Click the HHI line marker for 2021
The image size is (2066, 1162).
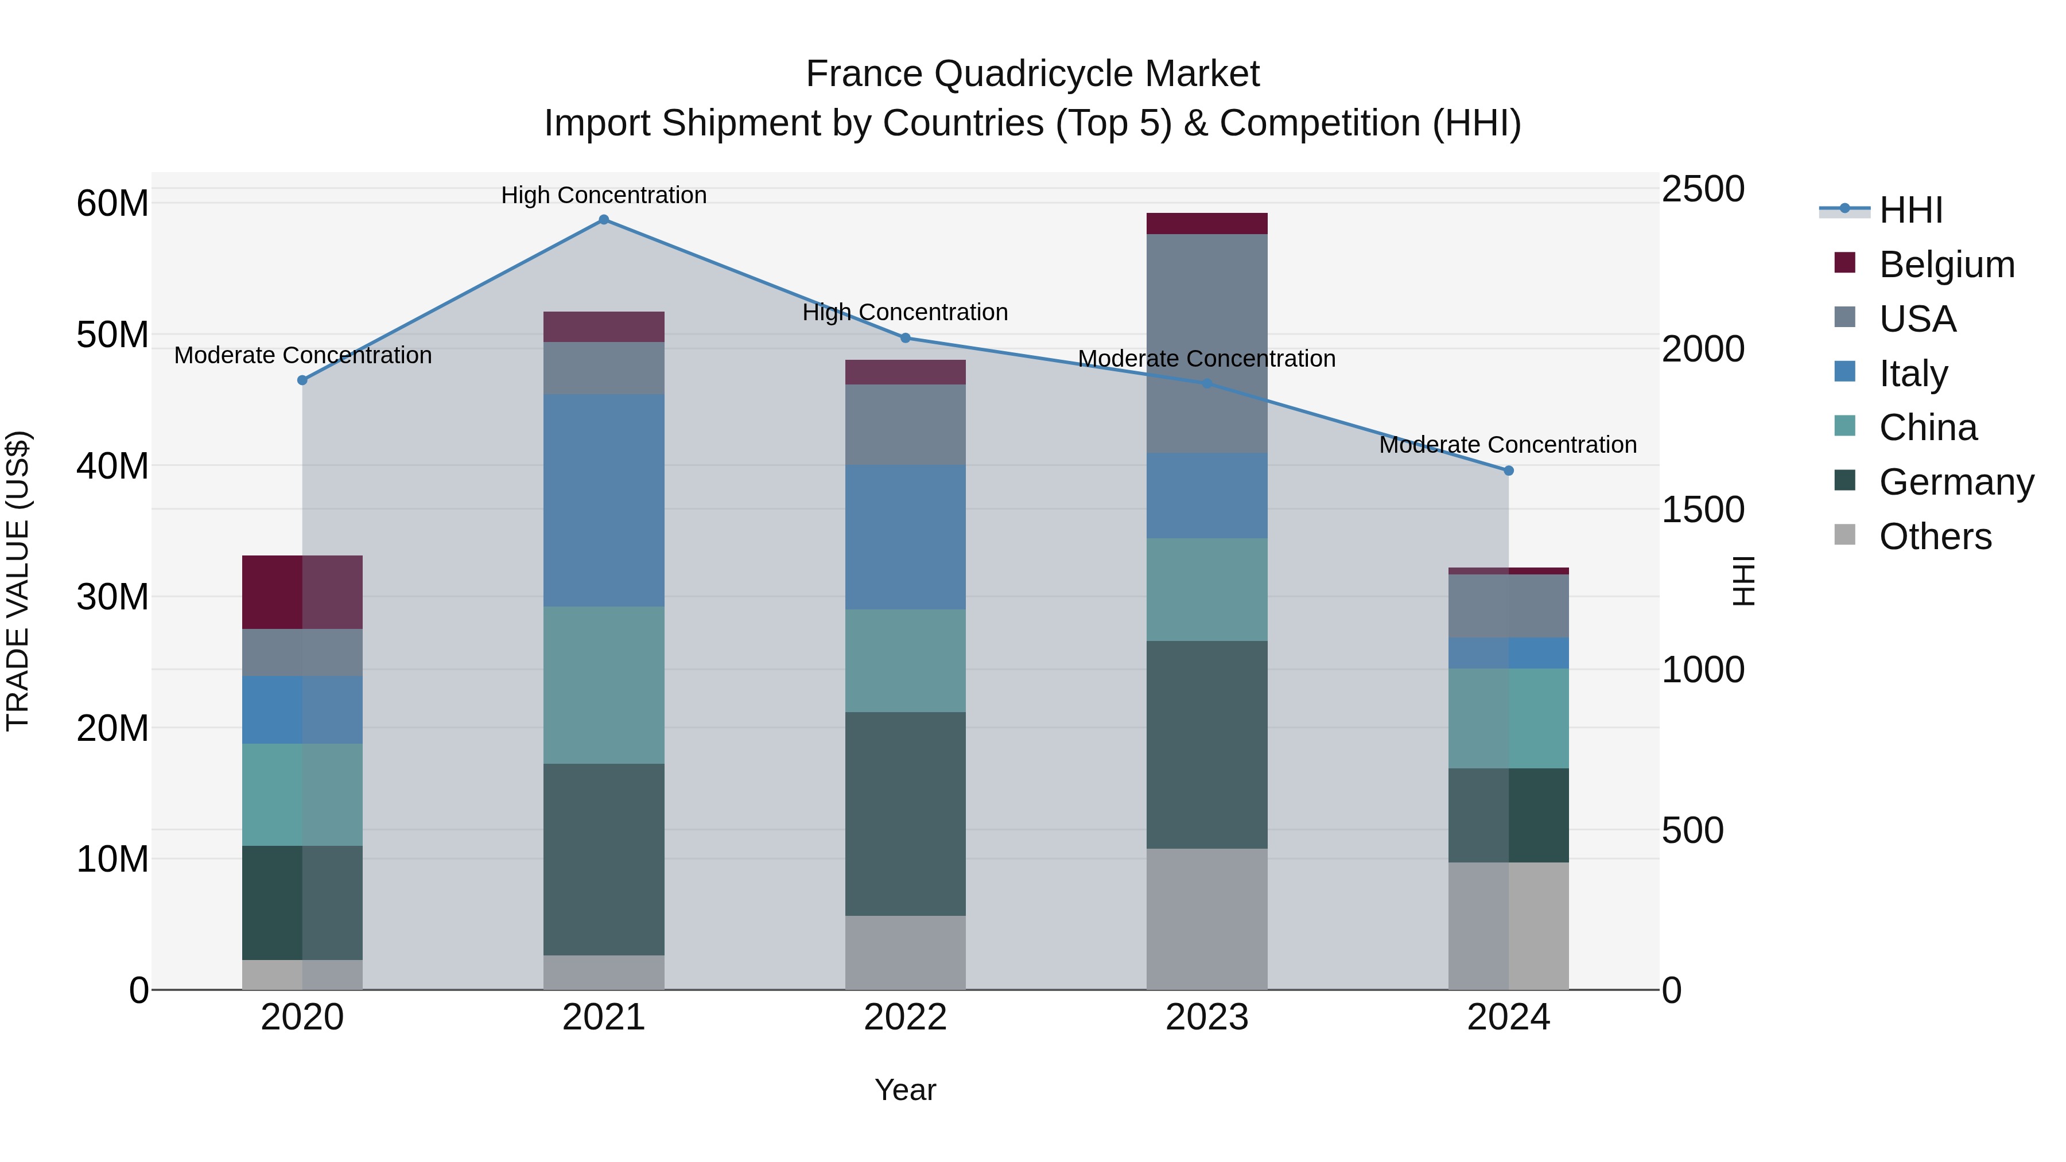[x=604, y=220]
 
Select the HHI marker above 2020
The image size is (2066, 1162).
[x=302, y=380]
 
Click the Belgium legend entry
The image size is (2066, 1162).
[x=1947, y=265]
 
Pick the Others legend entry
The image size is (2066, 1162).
[x=1935, y=537]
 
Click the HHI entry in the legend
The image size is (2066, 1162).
[x=1910, y=210]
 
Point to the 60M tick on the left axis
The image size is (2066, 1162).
[x=112, y=204]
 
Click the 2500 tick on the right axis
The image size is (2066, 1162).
[x=1703, y=189]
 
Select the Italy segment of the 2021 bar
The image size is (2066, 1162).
[x=604, y=500]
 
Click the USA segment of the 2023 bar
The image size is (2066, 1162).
[x=1207, y=343]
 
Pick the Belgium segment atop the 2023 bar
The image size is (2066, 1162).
[x=1207, y=224]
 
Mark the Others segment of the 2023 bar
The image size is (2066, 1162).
[x=1207, y=919]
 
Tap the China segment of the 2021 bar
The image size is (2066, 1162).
[x=604, y=685]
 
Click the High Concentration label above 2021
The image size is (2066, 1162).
[x=604, y=195]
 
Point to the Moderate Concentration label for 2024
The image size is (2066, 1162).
[x=1508, y=444]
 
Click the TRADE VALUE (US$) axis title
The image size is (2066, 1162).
[x=18, y=581]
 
